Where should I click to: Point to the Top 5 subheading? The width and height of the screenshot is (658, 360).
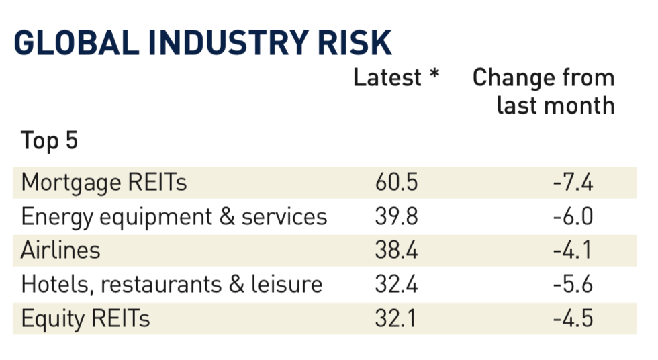[50, 141]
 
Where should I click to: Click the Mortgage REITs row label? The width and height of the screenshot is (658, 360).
[104, 183]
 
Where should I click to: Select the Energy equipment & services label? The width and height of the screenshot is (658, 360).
[174, 216]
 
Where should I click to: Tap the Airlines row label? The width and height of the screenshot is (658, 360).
[60, 250]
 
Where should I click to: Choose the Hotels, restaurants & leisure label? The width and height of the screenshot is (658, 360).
[172, 283]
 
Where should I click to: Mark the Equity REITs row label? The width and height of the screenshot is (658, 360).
[85, 317]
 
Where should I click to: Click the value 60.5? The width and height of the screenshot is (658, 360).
[397, 183]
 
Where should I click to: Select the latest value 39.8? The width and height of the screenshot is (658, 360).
[397, 216]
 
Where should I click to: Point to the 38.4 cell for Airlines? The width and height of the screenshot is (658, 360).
[397, 250]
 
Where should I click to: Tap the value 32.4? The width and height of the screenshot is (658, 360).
[397, 283]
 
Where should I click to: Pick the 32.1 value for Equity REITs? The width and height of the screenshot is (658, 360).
[397, 317]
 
